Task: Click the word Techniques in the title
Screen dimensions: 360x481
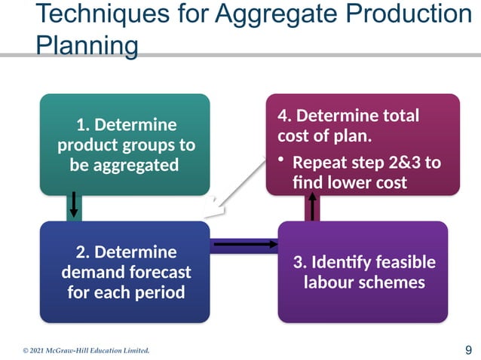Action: [100, 14]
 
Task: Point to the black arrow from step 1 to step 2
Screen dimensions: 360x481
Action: [73, 204]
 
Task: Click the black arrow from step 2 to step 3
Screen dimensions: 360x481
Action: [244, 243]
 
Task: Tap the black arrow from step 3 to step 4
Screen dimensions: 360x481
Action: [310, 206]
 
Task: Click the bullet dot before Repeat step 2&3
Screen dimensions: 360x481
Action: [281, 161]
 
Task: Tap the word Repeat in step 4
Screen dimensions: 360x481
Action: [317, 163]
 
